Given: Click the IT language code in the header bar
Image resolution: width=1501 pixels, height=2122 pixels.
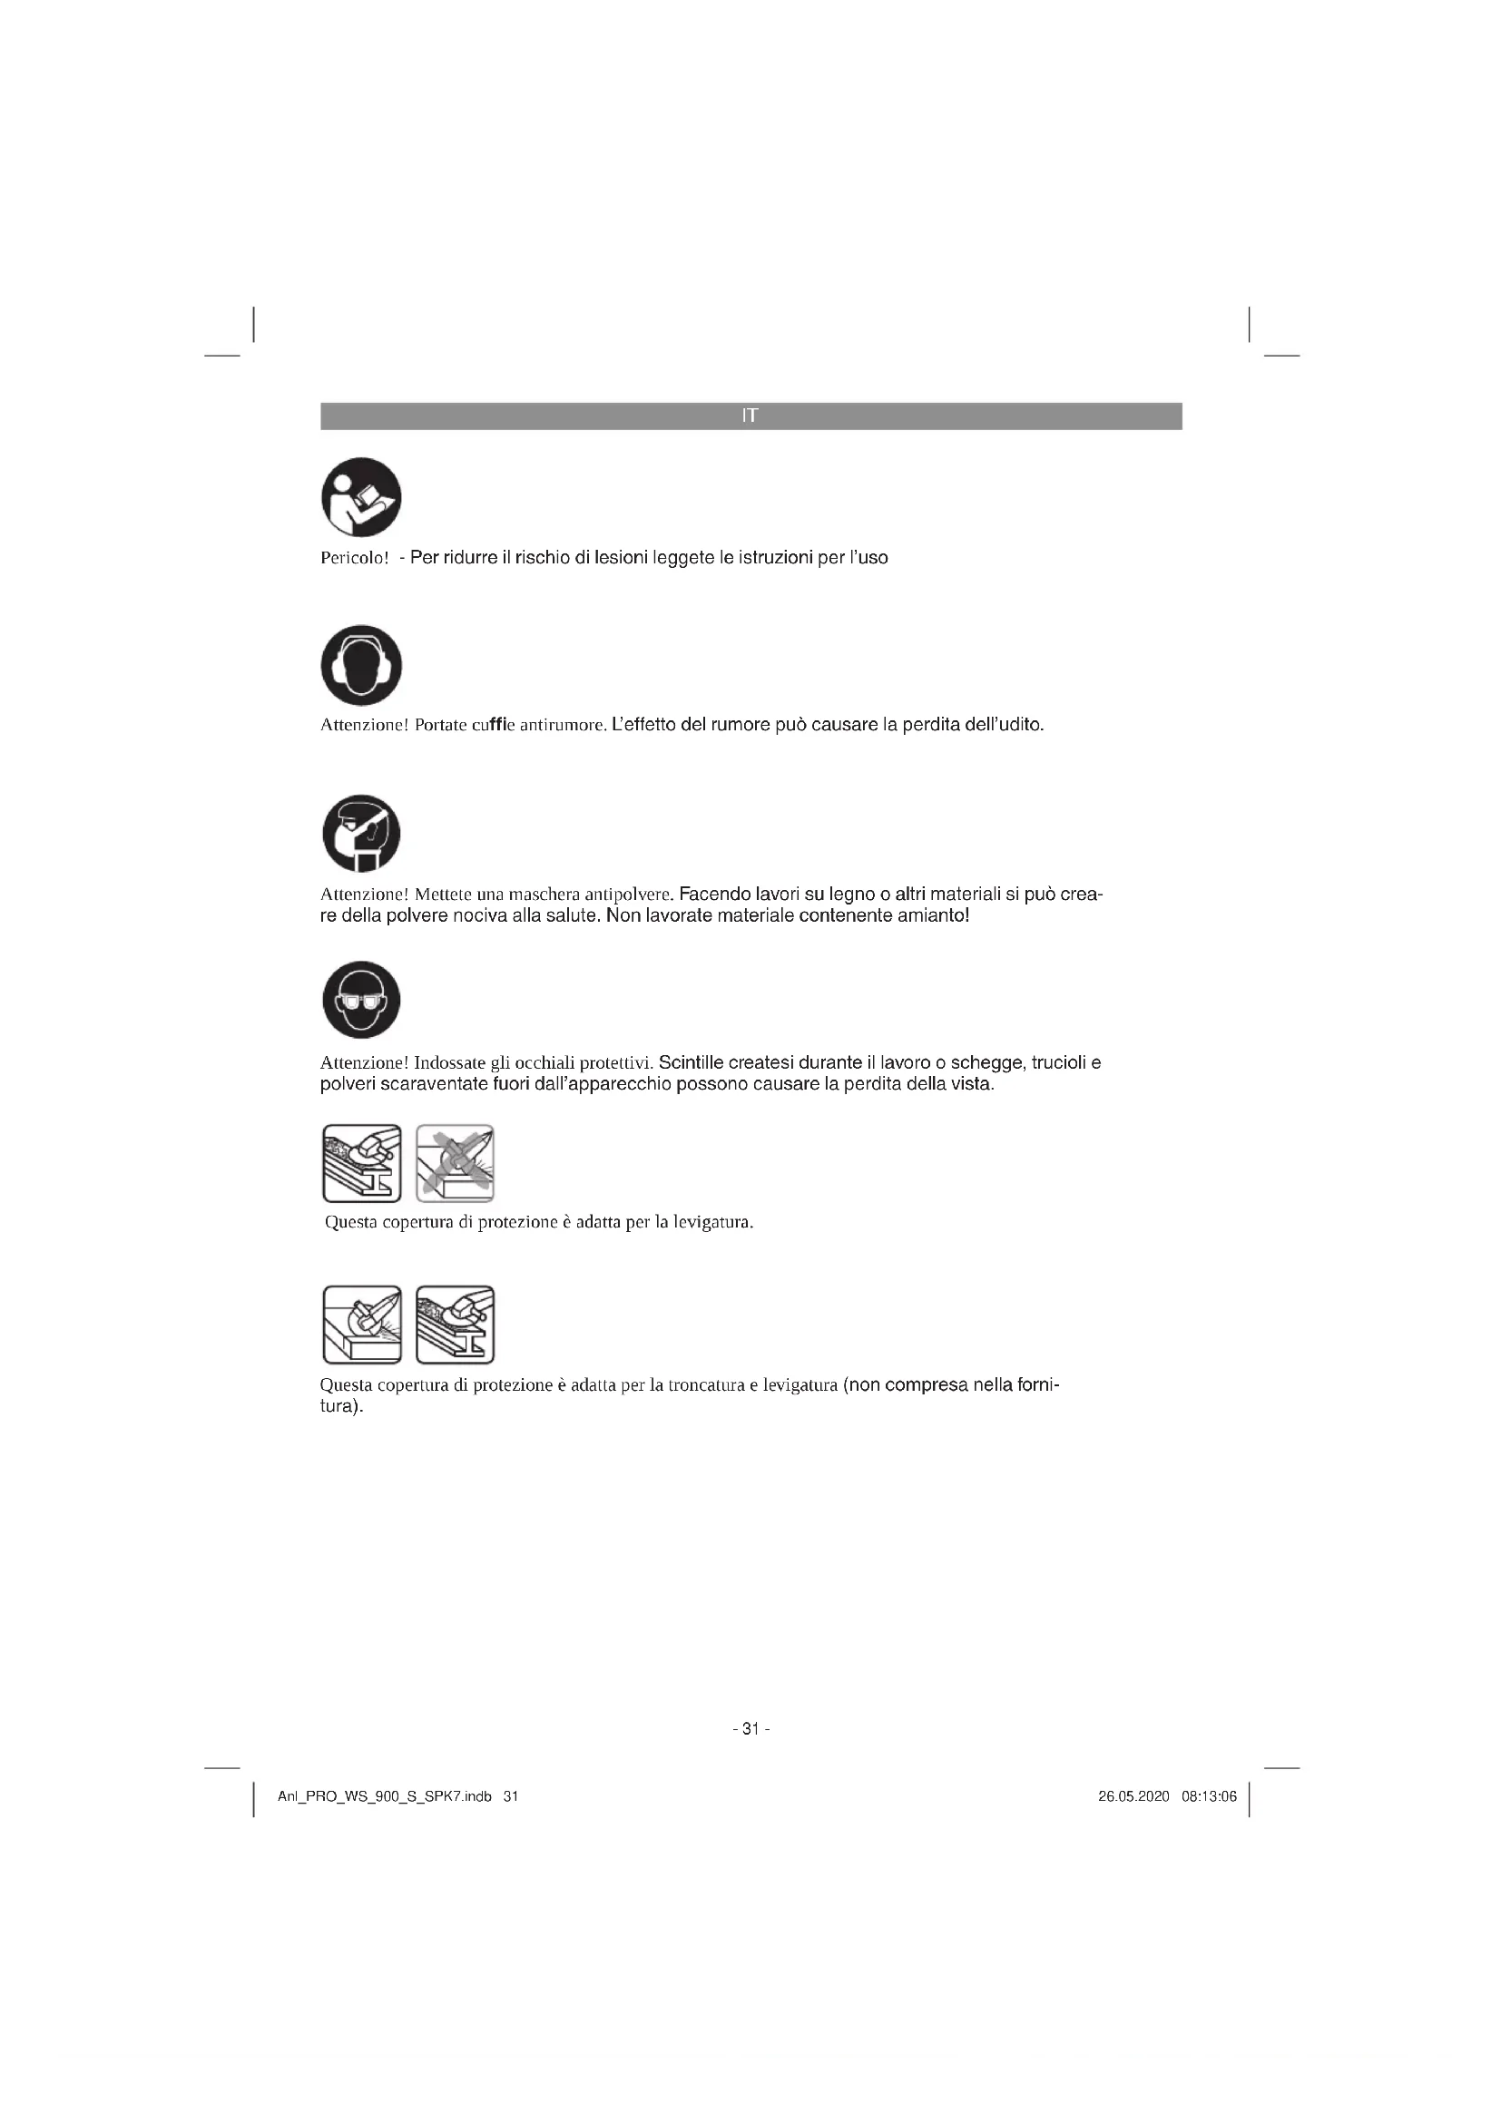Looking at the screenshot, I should coord(750,416).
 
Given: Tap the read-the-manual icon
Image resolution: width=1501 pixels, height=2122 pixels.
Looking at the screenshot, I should coord(361,497).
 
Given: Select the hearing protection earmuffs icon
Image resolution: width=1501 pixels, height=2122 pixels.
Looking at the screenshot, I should coord(361,665).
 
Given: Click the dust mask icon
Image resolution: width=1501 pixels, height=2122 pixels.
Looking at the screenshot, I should coord(361,834).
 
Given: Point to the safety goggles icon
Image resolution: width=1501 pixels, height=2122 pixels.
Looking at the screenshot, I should coord(361,1000).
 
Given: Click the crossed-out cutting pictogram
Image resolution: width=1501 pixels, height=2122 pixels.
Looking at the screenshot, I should coord(455,1164).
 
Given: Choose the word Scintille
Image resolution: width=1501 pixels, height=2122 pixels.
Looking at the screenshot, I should coord(693,1063).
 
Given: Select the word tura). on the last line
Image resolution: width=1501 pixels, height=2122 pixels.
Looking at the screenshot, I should coord(341,1407).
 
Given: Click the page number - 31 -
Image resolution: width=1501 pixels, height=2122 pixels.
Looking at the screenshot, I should coord(750,1728).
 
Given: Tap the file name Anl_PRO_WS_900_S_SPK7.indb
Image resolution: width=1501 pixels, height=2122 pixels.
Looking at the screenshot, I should coord(385,1796).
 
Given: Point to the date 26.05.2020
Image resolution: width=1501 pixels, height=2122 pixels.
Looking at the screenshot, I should coord(1133,1796).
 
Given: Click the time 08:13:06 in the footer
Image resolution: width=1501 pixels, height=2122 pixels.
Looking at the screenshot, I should coord(1209,1796).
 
